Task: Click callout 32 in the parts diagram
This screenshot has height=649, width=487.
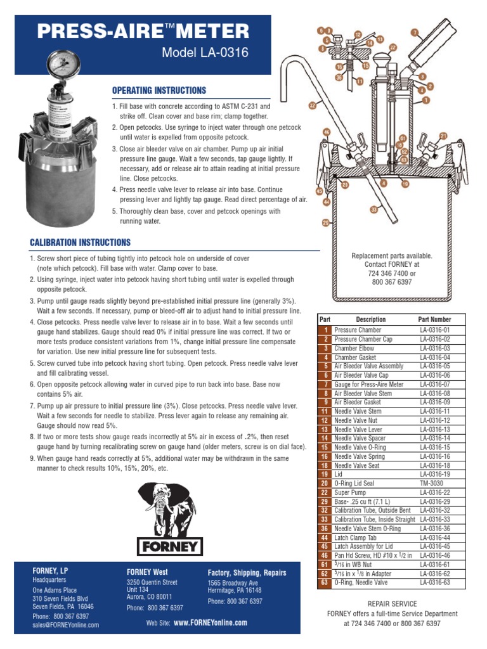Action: [312, 106]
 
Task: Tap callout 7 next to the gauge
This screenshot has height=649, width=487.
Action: [415, 32]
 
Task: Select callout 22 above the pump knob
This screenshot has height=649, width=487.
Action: [393, 48]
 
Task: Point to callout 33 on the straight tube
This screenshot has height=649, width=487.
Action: [374, 209]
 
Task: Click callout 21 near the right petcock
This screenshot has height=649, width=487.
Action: [443, 136]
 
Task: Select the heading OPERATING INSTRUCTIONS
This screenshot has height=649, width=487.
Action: [159, 91]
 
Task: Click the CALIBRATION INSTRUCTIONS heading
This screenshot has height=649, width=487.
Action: [81, 243]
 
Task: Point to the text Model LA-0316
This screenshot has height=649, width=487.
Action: [205, 53]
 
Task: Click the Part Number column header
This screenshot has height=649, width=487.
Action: [434, 319]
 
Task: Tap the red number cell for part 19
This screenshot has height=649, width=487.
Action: [325, 473]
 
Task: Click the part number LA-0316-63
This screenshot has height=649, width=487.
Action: [434, 582]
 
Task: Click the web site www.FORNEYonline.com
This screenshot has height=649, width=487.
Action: [210, 623]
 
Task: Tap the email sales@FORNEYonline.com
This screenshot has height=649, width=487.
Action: [66, 625]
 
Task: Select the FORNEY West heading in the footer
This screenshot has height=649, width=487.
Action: [147, 572]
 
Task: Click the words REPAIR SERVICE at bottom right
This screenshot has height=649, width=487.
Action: [392, 604]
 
